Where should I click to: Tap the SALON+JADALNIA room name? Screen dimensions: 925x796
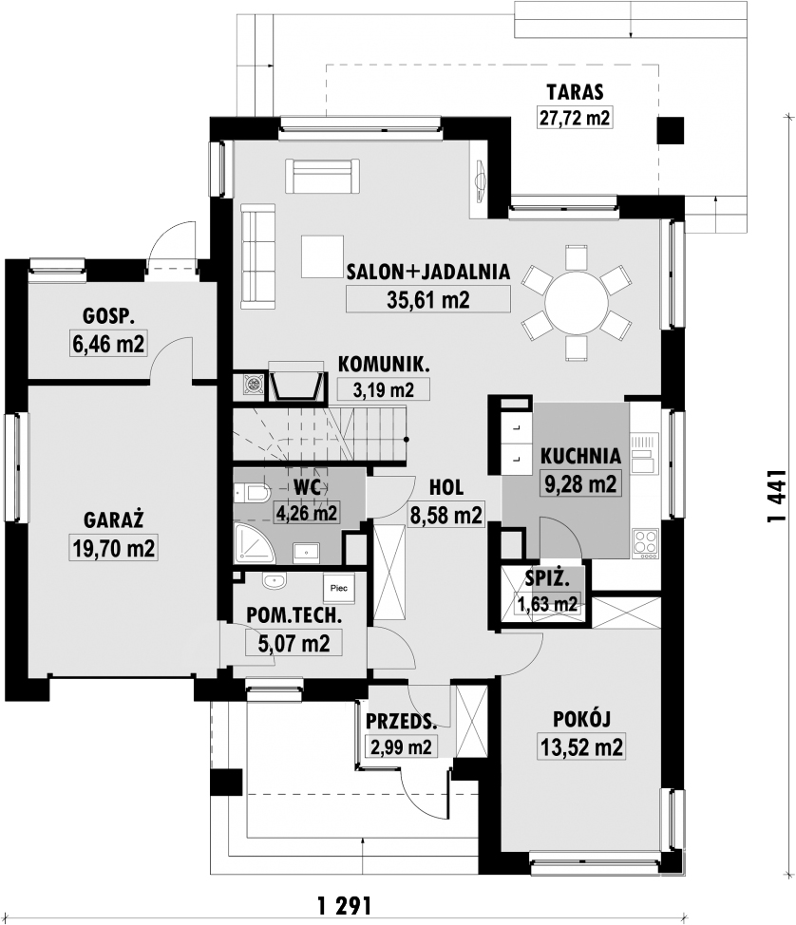tap(428, 272)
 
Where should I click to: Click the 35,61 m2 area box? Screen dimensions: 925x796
tap(428, 300)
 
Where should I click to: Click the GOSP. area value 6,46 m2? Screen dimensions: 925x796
tap(108, 344)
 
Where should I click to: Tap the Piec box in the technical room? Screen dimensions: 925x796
tap(338, 588)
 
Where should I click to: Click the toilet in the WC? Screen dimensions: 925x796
tap(255, 493)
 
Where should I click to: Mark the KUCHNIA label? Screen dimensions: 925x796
tap(580, 455)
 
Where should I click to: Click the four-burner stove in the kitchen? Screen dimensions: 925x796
tap(645, 541)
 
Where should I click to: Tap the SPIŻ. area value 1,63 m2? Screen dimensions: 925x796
tap(546, 603)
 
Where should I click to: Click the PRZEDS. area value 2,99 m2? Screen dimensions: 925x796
tap(399, 747)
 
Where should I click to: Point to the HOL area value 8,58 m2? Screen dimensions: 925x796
tap(445, 515)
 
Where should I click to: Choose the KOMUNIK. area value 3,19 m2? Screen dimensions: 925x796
tap(383, 388)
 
